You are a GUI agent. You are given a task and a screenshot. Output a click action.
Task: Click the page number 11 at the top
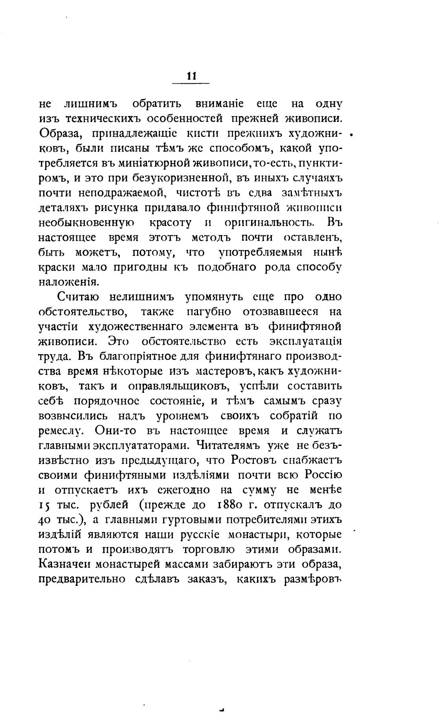click(x=191, y=76)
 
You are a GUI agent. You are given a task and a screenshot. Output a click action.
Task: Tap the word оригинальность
click(x=269, y=223)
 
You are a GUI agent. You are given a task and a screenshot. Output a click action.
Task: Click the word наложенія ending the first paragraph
click(x=67, y=281)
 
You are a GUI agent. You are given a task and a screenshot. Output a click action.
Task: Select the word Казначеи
click(x=65, y=564)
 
